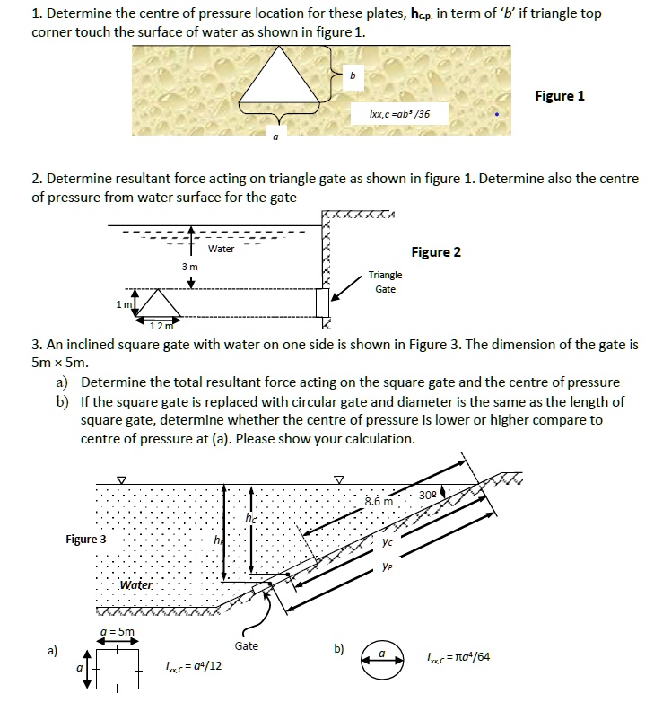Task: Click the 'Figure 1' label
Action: (559, 96)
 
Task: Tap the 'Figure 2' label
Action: (436, 251)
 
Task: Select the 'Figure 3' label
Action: (86, 540)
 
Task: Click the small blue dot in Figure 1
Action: (499, 115)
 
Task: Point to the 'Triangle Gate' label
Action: (385, 282)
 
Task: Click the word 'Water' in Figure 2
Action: (221, 249)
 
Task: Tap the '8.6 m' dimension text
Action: (379, 501)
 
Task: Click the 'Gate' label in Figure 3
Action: (246, 645)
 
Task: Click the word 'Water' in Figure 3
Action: (136, 585)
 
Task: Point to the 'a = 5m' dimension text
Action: (117, 631)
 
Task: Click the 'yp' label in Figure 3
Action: (387, 566)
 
